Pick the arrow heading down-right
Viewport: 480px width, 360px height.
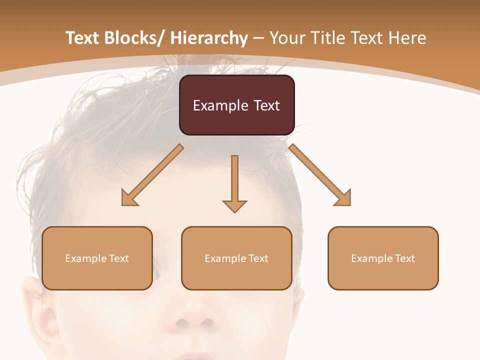pos(320,175)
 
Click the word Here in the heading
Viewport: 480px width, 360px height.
pos(407,38)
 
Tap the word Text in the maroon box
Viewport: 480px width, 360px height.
pos(266,106)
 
